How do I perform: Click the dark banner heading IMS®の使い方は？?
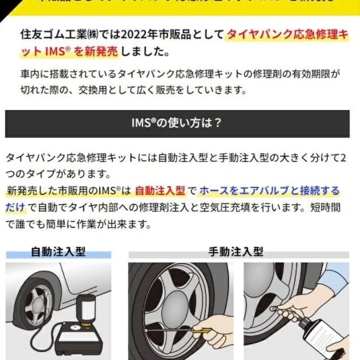coord(177,123)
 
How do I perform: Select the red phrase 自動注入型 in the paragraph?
coord(160,191)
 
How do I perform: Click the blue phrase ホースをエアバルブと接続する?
coord(269,191)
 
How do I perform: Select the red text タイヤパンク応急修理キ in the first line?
coord(287,35)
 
